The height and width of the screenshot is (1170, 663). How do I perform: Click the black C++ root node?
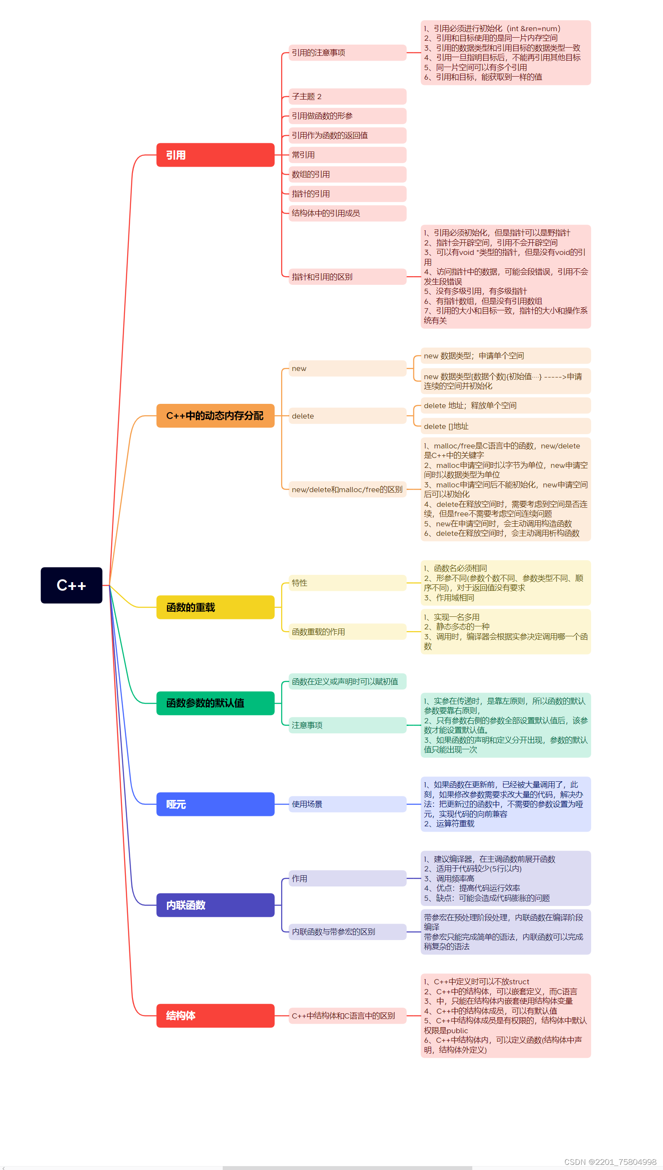click(x=71, y=585)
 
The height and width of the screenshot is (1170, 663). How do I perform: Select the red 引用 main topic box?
click(x=215, y=155)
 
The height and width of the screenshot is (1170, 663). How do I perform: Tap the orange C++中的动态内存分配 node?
click(x=215, y=416)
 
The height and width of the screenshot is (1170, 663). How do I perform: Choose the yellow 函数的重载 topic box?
click(x=215, y=607)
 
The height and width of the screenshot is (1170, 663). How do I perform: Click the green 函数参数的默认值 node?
click(x=215, y=703)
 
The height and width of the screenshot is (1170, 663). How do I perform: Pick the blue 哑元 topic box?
click(x=215, y=804)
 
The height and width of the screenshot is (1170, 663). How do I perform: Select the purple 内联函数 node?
click(x=215, y=905)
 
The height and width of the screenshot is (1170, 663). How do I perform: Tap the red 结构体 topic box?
click(x=215, y=1015)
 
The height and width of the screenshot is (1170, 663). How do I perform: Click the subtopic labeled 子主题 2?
click(x=347, y=97)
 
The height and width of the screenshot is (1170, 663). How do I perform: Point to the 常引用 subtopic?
click(x=347, y=155)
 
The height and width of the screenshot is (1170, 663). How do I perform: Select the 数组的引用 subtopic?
click(x=347, y=174)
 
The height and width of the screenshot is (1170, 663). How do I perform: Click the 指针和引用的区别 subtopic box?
click(x=347, y=277)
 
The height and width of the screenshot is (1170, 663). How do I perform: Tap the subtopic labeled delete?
click(x=347, y=416)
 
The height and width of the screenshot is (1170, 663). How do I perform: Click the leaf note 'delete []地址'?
click(x=506, y=426)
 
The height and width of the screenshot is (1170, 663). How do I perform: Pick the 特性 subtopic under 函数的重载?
click(x=347, y=583)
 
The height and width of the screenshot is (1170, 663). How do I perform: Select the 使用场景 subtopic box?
click(x=347, y=804)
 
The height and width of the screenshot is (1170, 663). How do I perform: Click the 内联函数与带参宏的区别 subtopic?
click(x=347, y=932)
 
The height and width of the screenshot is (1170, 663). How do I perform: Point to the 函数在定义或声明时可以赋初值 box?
click(x=347, y=682)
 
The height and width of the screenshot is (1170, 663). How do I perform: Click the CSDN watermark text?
click(x=610, y=1162)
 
